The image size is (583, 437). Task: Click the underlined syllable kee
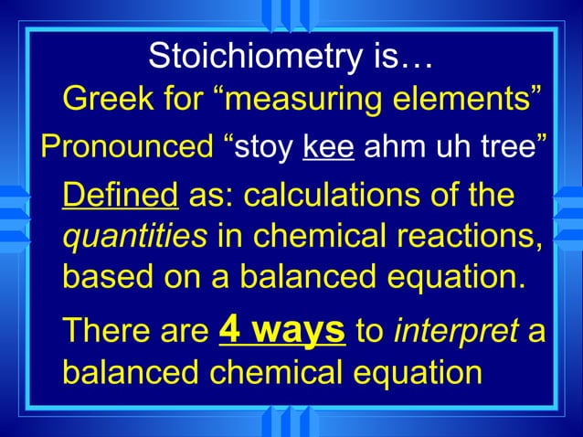coord(327,147)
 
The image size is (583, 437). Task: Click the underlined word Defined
coord(120,197)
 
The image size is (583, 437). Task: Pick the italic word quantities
coord(133,236)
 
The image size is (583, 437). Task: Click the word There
coord(101,331)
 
